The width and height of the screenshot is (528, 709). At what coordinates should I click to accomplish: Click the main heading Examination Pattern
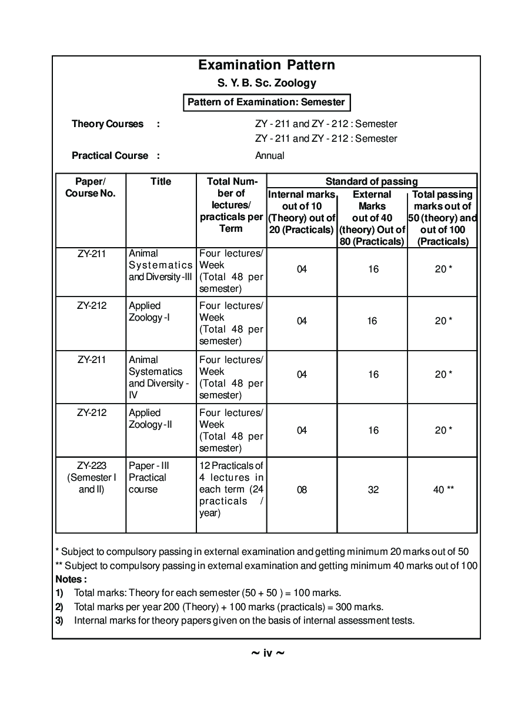266,65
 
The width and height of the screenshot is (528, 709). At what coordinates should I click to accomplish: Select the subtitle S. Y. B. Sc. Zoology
266,83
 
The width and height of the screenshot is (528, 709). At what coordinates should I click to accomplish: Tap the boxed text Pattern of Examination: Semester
266,102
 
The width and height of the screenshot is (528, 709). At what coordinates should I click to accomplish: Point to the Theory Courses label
108,124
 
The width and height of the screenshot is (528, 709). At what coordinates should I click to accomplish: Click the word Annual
270,156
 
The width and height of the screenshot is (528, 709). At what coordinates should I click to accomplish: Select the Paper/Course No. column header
91,187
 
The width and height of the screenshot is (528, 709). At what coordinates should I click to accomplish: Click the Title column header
161,182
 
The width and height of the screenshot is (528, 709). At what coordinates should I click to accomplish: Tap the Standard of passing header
372,181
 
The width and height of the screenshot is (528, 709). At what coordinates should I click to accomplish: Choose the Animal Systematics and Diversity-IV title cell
159,377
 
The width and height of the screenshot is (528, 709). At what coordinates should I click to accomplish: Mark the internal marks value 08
302,490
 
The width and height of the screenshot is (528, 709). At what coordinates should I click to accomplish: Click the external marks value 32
373,490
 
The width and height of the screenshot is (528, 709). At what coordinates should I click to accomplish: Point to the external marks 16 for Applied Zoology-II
373,431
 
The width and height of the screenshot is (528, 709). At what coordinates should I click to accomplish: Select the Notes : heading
71,579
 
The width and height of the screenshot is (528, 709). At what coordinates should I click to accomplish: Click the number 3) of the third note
59,620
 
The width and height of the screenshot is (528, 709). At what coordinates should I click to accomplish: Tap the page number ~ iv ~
268,653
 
